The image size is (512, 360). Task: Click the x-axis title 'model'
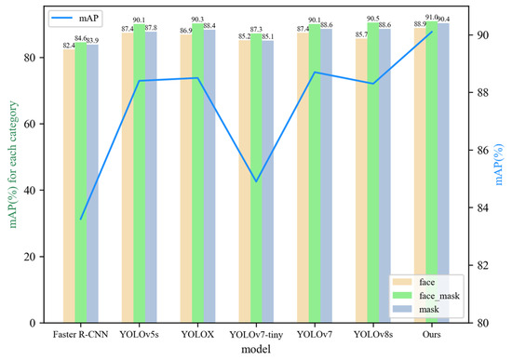[256, 350]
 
